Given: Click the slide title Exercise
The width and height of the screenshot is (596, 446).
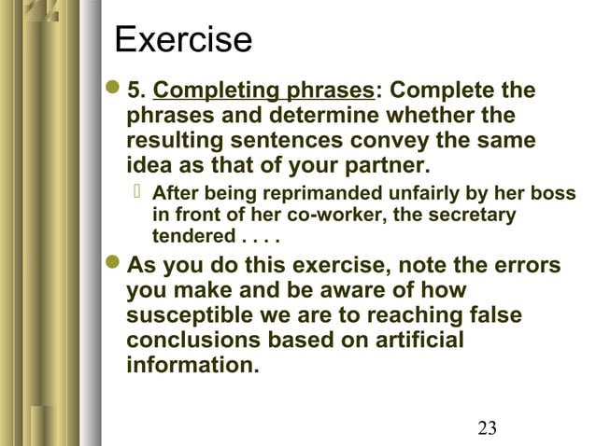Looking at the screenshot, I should (183, 40).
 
